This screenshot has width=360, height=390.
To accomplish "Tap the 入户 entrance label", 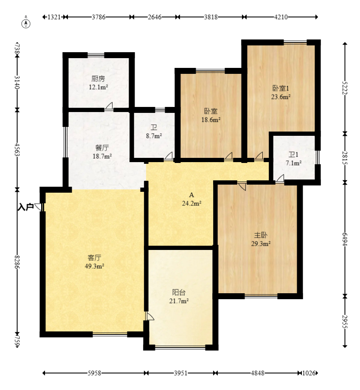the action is click(25, 207).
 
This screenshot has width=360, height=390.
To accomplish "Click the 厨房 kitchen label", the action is click(98, 79).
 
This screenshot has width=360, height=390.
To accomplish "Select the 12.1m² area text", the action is click(98, 87).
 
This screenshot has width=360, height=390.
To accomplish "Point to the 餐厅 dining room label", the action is click(102, 148).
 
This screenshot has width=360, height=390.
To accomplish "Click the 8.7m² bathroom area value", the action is click(154, 136).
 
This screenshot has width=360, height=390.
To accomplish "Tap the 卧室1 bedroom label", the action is click(281, 88).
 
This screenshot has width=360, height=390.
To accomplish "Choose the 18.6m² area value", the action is click(211, 120).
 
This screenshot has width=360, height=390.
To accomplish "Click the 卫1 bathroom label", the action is click(293, 155).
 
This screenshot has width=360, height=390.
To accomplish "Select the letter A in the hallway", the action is click(191, 195).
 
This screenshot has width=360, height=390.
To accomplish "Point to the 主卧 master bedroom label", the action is click(261, 235).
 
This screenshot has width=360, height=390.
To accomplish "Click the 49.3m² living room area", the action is click(94, 266).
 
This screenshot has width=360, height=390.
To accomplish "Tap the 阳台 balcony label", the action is click(179, 292).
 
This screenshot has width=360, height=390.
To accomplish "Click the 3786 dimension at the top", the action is click(98, 17).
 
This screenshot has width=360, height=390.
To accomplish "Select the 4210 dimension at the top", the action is click(281, 17).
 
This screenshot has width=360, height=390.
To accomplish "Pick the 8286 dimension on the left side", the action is click(17, 262).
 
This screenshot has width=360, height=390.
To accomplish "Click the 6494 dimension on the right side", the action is click(345, 239).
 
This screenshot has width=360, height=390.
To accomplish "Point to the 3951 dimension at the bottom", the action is click(180, 373).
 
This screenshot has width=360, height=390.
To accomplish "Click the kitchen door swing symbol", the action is click(109, 106).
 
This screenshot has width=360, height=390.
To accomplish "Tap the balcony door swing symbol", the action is click(150, 316).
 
